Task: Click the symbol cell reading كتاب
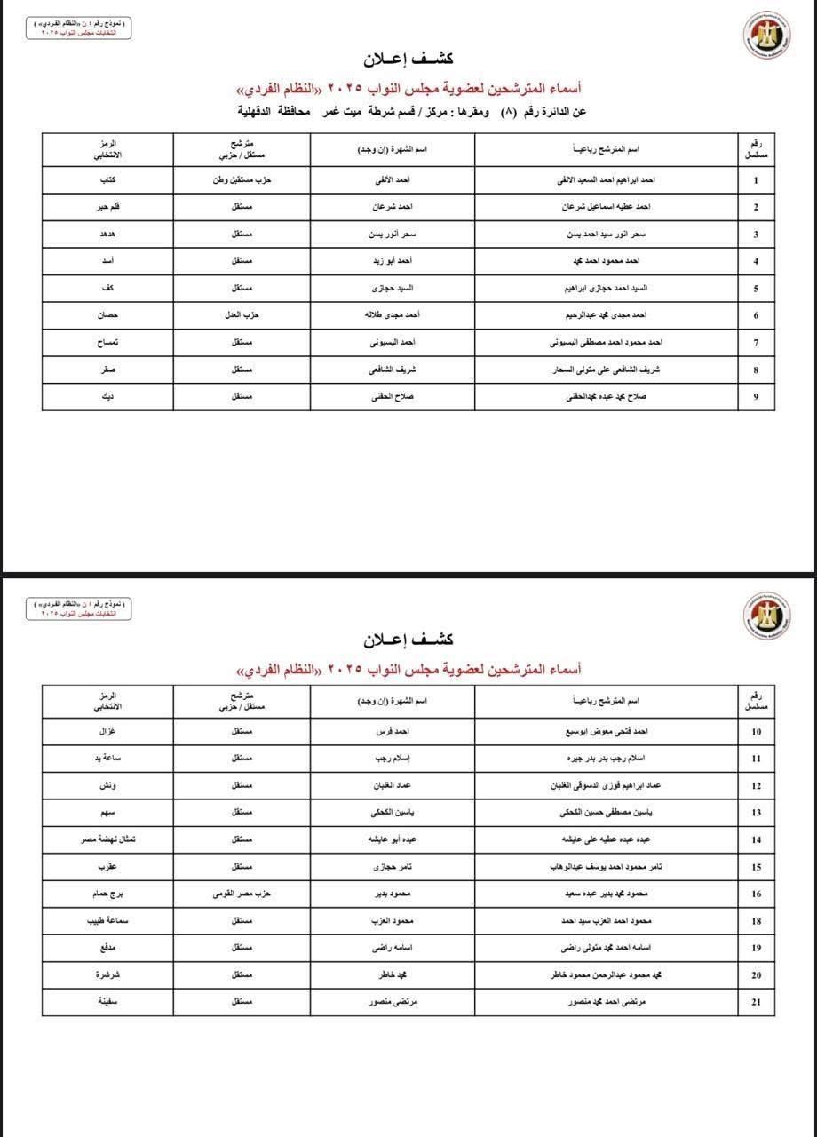click(x=107, y=180)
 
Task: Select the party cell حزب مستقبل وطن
click(x=242, y=180)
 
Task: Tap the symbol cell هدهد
click(x=107, y=235)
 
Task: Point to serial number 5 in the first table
click(x=756, y=289)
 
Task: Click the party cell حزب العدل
click(x=242, y=315)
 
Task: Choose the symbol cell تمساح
click(x=107, y=342)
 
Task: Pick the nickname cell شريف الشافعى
click(x=392, y=370)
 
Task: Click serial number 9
click(x=756, y=396)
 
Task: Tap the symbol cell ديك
click(x=107, y=396)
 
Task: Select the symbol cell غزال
click(x=107, y=732)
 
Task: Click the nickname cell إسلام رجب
click(x=392, y=759)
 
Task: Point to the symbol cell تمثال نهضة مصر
click(x=107, y=839)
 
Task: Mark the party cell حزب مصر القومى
click(x=242, y=894)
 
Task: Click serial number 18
click(x=756, y=921)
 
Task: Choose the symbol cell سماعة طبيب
click(x=107, y=921)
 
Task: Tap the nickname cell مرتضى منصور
click(x=392, y=1001)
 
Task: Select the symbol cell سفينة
click(x=107, y=1001)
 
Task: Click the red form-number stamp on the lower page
click(x=77, y=608)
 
